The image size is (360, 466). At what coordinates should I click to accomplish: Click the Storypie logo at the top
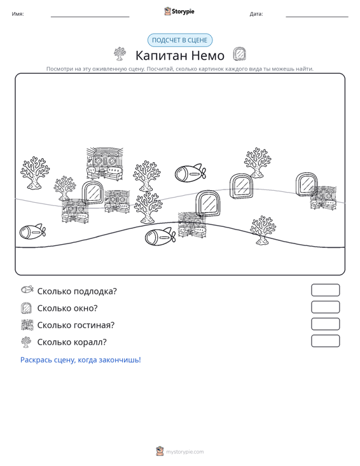[x=179, y=11]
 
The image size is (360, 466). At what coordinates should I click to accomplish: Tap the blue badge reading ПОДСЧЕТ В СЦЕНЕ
[x=180, y=40]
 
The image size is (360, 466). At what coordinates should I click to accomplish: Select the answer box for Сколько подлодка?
[x=325, y=290]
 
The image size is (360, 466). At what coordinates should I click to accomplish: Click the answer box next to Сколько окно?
[x=325, y=307]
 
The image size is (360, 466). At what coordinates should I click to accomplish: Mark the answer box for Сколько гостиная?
[x=325, y=324]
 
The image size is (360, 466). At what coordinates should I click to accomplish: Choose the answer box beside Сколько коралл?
[x=325, y=341]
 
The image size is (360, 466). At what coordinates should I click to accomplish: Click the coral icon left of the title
[x=120, y=54]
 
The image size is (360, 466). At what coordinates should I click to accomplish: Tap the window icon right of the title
[x=240, y=54]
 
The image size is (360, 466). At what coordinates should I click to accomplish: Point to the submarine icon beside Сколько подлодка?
[x=27, y=289]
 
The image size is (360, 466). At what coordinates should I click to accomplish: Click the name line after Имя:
[x=90, y=17]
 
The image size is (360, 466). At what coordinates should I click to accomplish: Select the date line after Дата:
[x=317, y=17]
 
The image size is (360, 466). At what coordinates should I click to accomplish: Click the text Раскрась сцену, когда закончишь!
[x=81, y=360]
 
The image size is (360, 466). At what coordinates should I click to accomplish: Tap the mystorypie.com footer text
[x=184, y=452]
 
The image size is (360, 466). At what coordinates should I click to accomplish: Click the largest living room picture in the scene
[x=105, y=164]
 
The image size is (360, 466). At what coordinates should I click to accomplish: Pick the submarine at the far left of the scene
[x=32, y=232]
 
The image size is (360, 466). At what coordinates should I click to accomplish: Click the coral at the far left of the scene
[x=35, y=173]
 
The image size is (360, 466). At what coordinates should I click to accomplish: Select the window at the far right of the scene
[x=306, y=184]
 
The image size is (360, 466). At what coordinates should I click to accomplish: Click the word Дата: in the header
[x=256, y=14]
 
